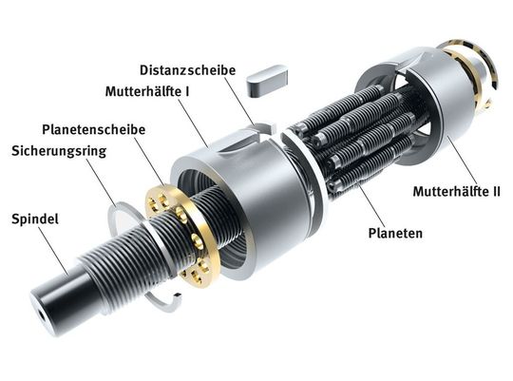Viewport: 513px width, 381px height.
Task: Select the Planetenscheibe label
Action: pyautogui.click(x=88, y=128)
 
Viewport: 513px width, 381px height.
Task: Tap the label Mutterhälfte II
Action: pyautogui.click(x=456, y=191)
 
